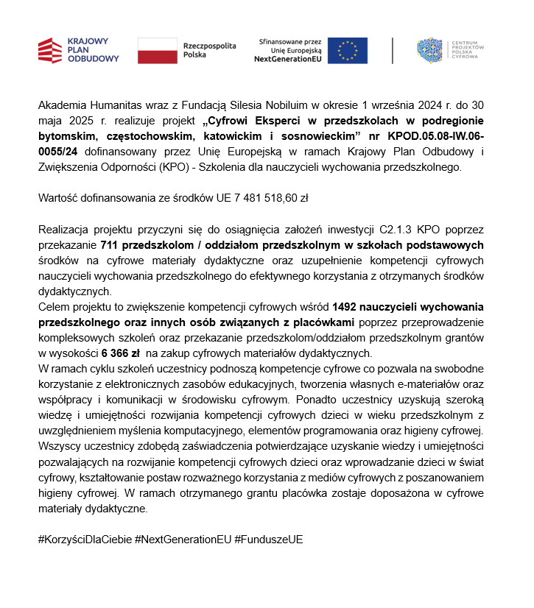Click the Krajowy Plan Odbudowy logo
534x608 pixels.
(77, 51)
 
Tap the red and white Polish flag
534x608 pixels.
(158, 51)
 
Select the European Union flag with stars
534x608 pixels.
(348, 51)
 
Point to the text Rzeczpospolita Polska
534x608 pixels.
(210, 50)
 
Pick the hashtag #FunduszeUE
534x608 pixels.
(269, 539)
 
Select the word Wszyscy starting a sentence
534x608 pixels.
(59, 446)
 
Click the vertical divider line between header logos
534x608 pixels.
(393, 51)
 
